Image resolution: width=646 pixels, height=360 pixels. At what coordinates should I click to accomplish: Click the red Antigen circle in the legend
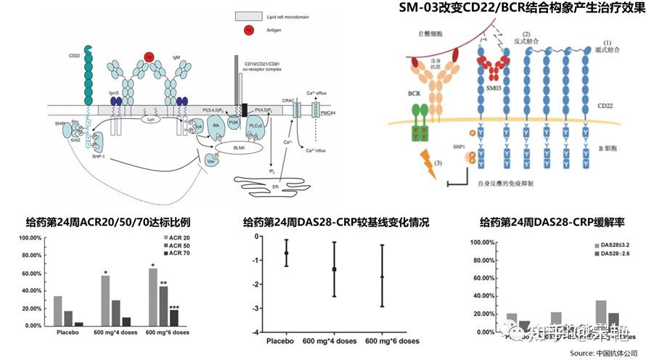click(x=248, y=30)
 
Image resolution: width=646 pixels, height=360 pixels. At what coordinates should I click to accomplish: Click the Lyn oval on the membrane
click(x=150, y=119)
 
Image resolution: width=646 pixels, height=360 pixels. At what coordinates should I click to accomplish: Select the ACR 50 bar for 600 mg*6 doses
click(x=163, y=306)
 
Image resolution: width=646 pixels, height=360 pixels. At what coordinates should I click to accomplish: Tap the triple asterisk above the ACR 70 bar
click(x=174, y=308)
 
